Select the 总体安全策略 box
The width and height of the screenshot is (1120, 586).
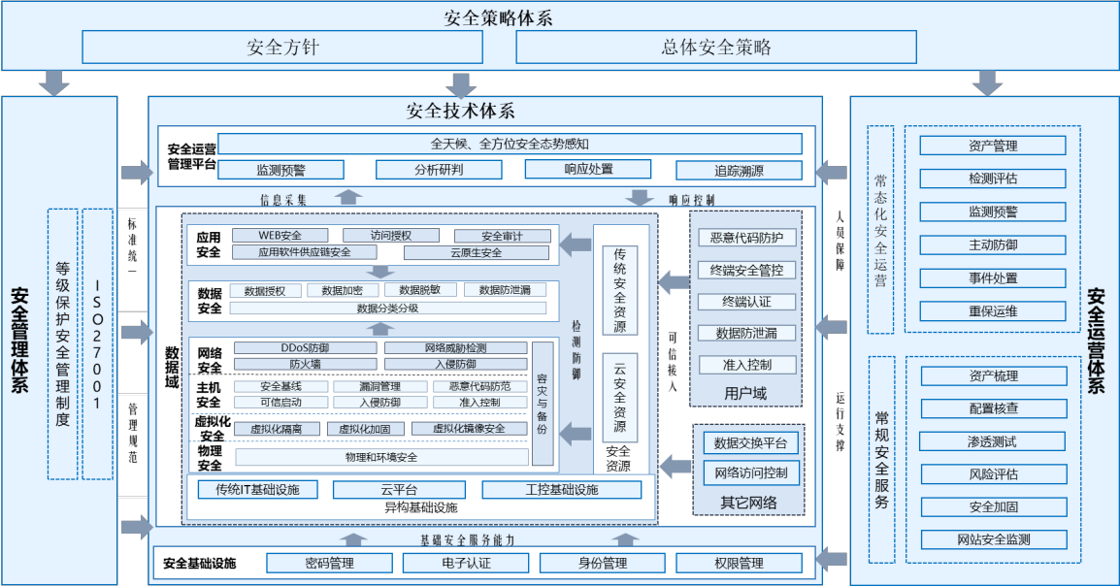716,48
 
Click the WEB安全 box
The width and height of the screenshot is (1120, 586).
280,235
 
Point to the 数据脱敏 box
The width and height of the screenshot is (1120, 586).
419,290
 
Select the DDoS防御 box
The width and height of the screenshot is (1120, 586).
305,347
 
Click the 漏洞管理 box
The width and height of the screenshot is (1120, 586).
379,386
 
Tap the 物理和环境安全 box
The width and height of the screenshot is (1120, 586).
381,457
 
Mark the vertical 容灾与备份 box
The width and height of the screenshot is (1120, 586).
543,404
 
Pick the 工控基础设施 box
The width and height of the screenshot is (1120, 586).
561,490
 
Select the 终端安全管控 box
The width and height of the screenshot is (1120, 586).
746,270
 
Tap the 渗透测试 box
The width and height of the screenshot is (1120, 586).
993,441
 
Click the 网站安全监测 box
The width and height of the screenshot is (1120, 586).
993,539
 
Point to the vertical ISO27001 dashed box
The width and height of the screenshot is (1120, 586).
98,343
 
